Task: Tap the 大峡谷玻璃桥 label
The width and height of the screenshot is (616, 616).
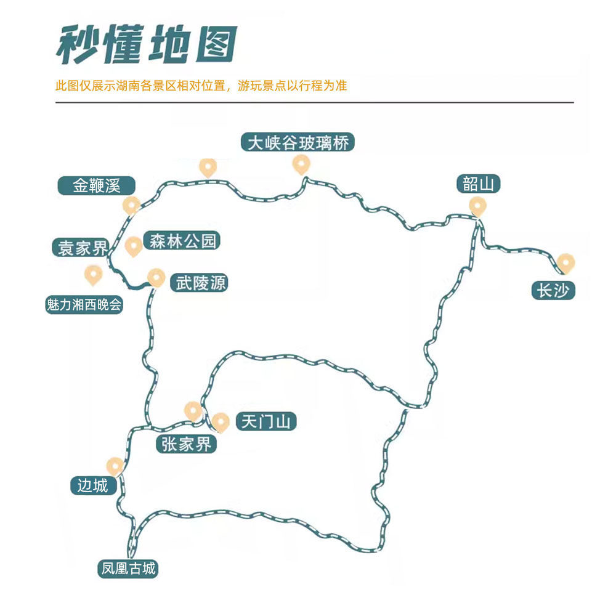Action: coord(298,143)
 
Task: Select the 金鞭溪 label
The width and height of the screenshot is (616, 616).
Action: coord(96,185)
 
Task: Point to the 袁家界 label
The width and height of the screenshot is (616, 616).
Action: coord(80,248)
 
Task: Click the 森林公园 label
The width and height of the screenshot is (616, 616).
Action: coord(181,241)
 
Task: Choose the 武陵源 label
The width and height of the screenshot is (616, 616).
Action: coord(201,283)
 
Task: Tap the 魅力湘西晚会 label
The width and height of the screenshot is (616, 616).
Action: coord(84,304)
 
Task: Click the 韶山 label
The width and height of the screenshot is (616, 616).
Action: coord(478,184)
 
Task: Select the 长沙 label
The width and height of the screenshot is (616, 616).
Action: coord(554,291)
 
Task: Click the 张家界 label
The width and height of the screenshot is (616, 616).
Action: coord(187,444)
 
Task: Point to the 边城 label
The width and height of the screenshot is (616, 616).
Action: coord(93,485)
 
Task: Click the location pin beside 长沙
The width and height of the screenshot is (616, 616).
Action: coord(565,262)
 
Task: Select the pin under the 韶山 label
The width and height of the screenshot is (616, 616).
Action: coord(477,205)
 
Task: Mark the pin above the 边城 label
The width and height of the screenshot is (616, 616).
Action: coord(115,466)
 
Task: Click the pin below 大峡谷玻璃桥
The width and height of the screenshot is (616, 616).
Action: coord(301,163)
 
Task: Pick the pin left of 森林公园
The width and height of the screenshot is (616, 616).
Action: coord(133,246)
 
